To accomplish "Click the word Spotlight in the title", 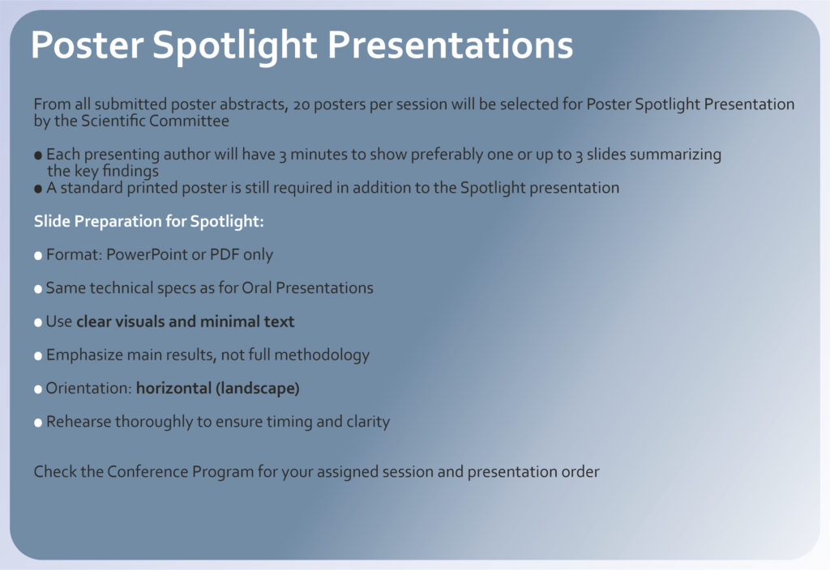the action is coord(235,46).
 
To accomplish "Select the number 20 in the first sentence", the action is coord(302,104).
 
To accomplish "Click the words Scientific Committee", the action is coord(155,121).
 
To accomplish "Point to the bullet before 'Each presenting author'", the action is coord(38,155).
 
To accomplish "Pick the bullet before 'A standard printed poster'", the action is coord(38,189).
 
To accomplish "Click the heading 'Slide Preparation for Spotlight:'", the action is coord(149,221).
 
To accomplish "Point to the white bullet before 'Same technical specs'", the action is coord(38,289).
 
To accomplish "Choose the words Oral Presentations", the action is coord(307,287).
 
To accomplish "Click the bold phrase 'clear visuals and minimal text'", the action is coord(186,321).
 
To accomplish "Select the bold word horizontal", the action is coord(173,388).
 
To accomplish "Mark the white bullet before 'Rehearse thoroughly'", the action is coord(38,423).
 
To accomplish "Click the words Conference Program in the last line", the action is coord(181,472).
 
